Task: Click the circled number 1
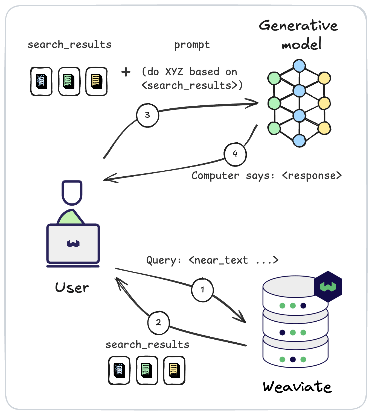click(x=202, y=290)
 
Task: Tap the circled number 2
click(x=158, y=323)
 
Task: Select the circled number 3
click(x=147, y=115)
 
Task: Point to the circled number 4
click(x=235, y=154)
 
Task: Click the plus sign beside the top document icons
click(x=126, y=72)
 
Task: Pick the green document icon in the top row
click(x=69, y=81)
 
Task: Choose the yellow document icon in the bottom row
click(x=174, y=370)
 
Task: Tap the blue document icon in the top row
click(x=41, y=81)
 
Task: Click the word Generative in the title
click(x=298, y=26)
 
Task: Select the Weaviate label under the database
click(x=297, y=387)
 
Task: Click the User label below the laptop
click(x=72, y=288)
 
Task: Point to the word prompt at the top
click(x=192, y=45)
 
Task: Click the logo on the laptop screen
click(x=73, y=243)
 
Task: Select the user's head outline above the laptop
click(x=72, y=192)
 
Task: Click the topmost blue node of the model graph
click(x=299, y=66)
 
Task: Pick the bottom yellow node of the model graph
click(x=324, y=128)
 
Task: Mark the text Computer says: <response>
click(x=266, y=176)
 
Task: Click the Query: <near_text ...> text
click(x=212, y=260)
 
